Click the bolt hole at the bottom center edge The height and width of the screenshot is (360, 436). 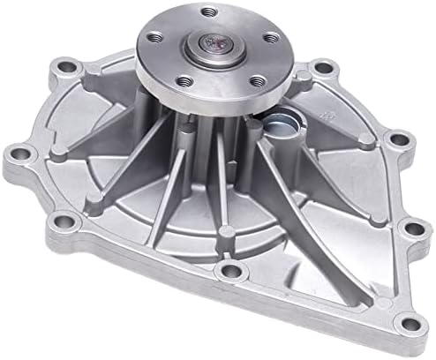pyautogui.click(x=232, y=271)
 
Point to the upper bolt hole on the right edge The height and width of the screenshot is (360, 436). pyautogui.click(x=398, y=139)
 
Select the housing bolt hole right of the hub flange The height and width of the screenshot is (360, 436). pyautogui.click(x=324, y=66)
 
